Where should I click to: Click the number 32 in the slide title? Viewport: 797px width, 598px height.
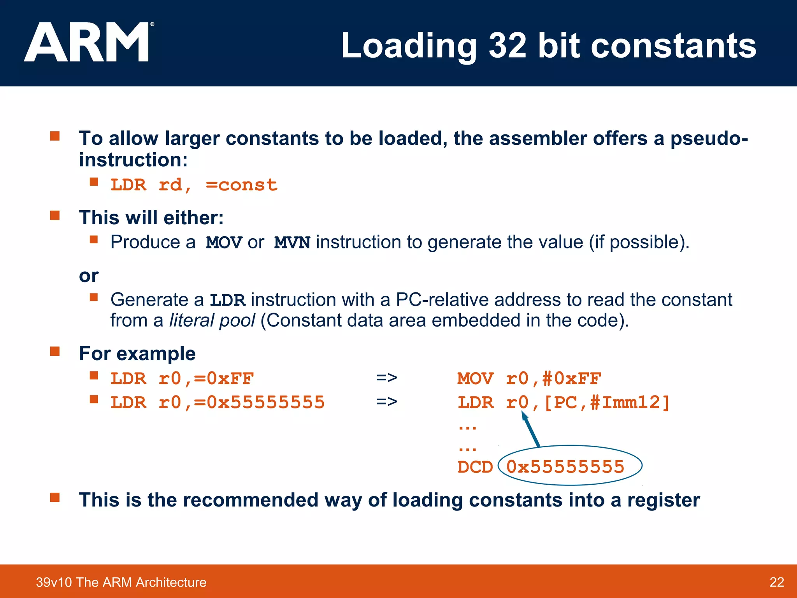tap(507, 46)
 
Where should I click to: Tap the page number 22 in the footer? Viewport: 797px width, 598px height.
tap(776, 582)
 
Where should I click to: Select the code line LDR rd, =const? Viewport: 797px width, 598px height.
tap(194, 185)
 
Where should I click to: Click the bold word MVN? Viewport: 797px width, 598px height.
tap(292, 243)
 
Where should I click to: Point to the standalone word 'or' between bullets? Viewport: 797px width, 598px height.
tap(89, 276)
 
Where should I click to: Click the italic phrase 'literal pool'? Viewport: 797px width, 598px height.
tap(212, 320)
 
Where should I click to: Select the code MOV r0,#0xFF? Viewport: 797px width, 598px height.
tap(529, 378)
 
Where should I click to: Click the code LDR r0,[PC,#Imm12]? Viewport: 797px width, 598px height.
tap(563, 403)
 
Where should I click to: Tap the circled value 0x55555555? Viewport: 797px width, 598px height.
tap(565, 466)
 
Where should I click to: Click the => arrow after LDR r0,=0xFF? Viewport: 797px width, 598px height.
tap(386, 378)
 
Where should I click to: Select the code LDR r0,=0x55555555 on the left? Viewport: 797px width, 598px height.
tap(217, 403)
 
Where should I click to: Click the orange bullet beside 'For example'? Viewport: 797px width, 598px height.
tap(55, 352)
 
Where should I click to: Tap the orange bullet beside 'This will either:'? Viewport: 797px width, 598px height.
tap(55, 216)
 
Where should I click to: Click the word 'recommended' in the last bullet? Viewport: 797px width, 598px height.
tap(250, 500)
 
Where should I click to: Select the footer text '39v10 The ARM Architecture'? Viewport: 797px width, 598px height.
tap(121, 582)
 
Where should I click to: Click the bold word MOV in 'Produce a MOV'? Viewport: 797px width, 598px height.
tap(224, 243)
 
